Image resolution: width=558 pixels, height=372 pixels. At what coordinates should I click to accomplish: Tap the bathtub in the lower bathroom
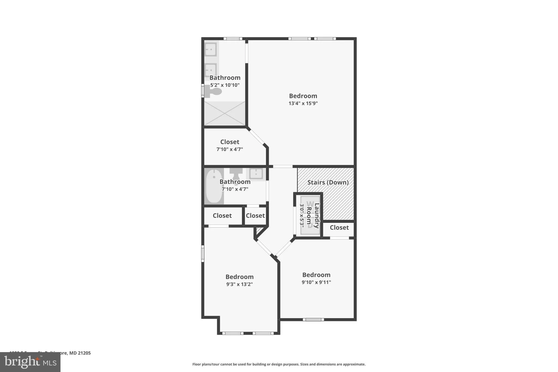(214, 186)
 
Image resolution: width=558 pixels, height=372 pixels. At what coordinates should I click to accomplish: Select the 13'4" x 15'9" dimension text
(303, 103)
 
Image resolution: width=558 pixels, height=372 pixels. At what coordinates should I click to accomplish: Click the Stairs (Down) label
(328, 182)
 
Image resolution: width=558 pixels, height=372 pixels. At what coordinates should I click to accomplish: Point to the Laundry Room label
(313, 215)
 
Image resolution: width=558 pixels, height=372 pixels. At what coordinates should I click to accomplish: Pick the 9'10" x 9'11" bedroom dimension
(316, 282)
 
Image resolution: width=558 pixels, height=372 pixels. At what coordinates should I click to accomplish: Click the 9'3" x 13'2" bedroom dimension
(239, 284)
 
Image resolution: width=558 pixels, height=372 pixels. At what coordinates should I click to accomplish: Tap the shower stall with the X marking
(225, 113)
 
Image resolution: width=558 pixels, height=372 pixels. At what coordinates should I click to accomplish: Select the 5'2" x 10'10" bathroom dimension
(225, 85)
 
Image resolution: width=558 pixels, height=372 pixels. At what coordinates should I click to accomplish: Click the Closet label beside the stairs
(339, 228)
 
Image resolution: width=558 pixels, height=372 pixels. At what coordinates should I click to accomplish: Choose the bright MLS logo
(30, 362)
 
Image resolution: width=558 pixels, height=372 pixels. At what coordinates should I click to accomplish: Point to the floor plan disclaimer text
(279, 364)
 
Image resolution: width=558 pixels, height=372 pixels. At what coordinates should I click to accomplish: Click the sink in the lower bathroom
(256, 173)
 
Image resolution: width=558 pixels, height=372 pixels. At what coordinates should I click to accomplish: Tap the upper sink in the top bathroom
(211, 49)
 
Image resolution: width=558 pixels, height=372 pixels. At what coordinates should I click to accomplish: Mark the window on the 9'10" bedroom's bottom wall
(313, 319)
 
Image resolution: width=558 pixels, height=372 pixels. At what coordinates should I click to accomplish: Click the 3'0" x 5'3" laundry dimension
(302, 215)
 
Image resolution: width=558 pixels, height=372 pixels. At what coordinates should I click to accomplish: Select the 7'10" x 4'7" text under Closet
(229, 149)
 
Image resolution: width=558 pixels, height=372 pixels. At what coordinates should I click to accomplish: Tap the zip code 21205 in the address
(84, 353)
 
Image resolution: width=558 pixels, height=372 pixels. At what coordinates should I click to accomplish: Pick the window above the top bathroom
(233, 39)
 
